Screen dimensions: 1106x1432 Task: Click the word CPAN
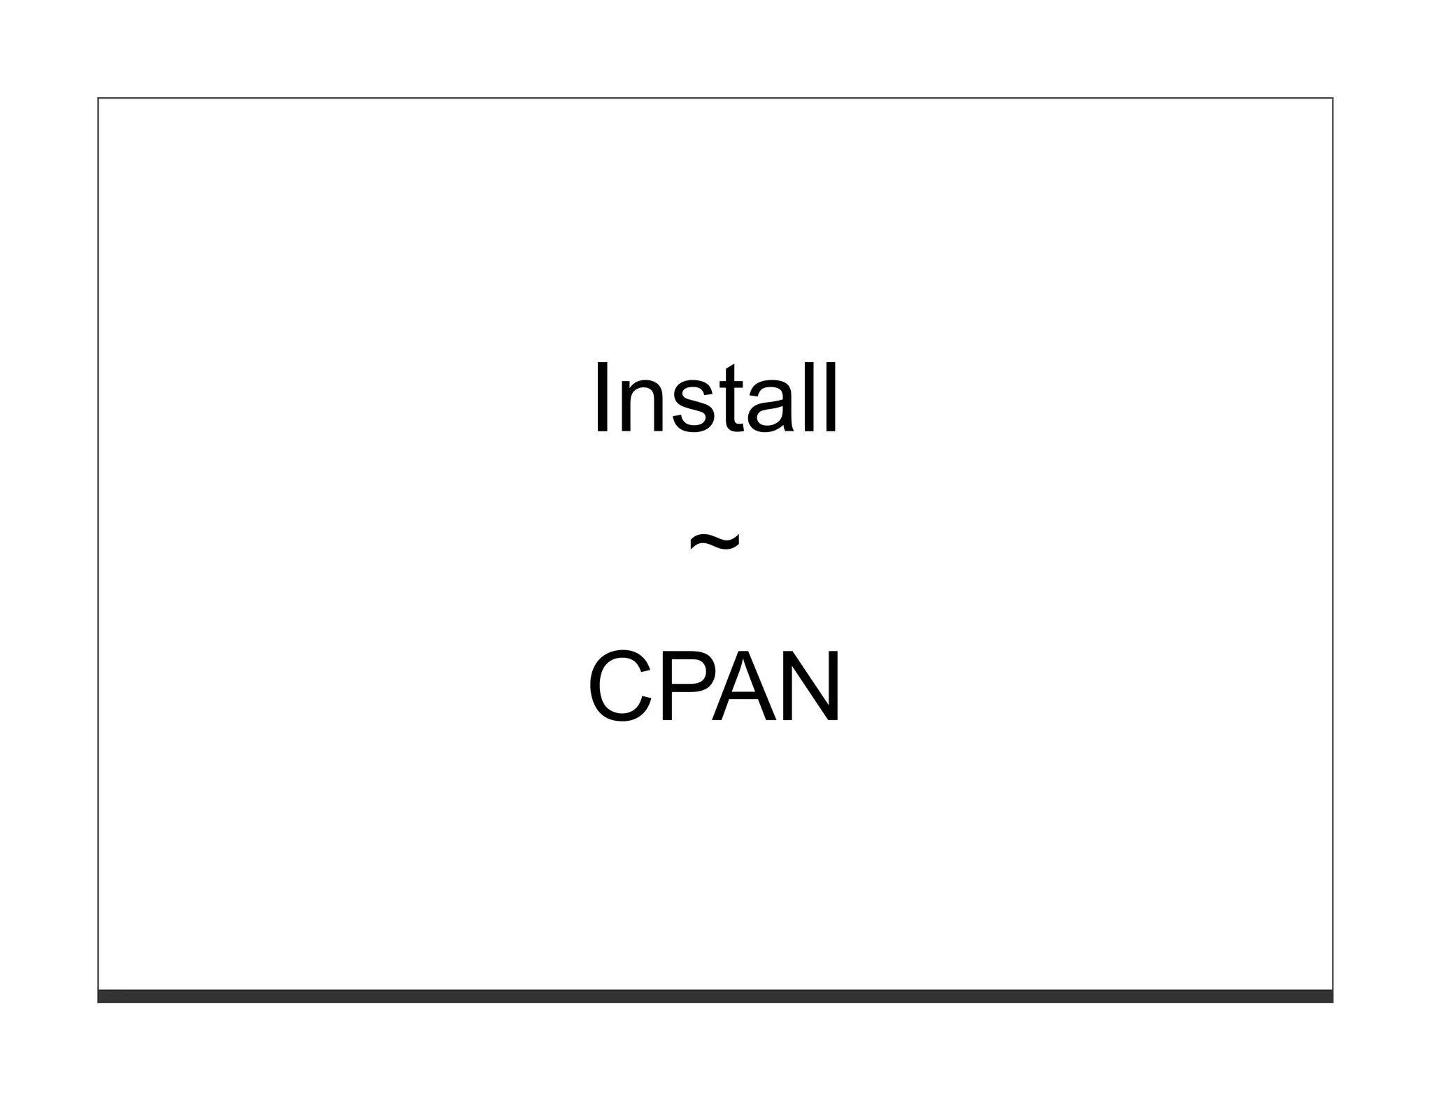coord(715,686)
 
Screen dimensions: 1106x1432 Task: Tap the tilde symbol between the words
coord(715,542)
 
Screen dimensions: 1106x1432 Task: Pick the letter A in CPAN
coord(745,686)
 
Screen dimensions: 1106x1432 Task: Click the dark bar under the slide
coord(715,996)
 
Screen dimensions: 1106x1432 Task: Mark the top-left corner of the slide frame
coord(99,99)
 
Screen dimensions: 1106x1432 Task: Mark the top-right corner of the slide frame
coord(1333,99)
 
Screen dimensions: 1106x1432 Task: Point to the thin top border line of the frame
coord(715,98)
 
